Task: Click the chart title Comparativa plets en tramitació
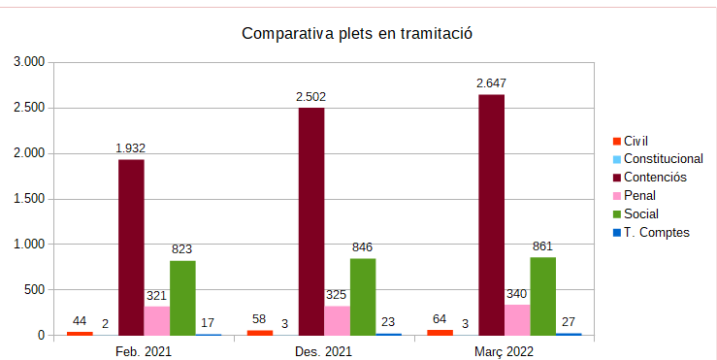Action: [356, 34]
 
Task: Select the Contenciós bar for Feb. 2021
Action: [131, 247]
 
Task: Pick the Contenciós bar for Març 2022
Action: [491, 214]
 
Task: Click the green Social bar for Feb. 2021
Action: [182, 298]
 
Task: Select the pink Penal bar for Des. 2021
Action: [337, 320]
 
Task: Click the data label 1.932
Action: [131, 147]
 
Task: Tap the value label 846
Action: [363, 247]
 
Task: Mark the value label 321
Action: [157, 295]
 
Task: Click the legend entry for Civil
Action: [636, 141]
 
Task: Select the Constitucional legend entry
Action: [663, 158]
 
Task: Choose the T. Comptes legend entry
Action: [656, 232]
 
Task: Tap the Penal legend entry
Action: [639, 195]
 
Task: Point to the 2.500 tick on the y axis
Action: [28, 108]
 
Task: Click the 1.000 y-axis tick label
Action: [28, 245]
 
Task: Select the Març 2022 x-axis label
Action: [504, 350]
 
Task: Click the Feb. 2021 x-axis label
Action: [144, 350]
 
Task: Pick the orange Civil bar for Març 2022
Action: [440, 332]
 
